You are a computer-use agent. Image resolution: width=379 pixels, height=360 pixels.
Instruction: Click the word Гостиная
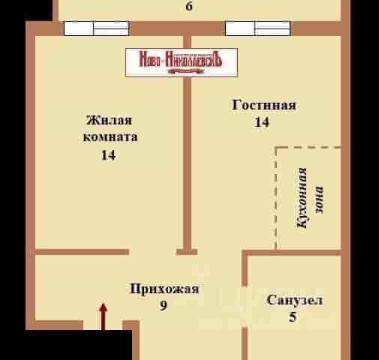coord(264,105)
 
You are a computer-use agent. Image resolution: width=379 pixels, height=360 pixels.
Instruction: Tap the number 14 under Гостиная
coord(262,122)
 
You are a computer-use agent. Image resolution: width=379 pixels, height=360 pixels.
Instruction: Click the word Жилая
coord(109,120)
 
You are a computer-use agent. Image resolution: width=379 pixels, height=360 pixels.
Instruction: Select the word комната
coord(110,137)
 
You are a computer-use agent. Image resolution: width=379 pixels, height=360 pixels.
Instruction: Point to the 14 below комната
coord(108,155)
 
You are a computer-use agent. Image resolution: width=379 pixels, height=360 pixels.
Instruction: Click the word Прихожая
coord(164,289)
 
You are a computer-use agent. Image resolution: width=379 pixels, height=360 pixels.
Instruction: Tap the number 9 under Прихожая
coord(164,305)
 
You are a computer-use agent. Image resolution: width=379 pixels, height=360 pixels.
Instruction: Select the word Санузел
coord(294,300)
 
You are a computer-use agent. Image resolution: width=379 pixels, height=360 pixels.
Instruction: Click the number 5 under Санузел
coord(293,317)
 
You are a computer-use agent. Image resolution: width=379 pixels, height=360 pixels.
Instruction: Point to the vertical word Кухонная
coord(302,198)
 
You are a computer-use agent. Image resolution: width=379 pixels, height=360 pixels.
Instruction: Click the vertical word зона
coord(319,200)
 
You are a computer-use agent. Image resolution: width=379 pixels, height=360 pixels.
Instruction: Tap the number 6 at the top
coord(189,6)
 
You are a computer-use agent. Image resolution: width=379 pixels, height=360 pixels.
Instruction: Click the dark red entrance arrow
coord(103,316)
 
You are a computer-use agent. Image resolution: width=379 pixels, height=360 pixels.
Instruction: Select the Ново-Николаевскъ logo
coord(182,62)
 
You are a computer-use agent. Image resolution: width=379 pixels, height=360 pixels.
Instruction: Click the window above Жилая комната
coord(97,28)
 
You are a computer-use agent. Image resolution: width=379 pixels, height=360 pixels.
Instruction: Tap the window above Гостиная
coord(258,28)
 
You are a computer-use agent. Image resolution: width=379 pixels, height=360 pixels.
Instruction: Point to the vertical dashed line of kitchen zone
coord(276,198)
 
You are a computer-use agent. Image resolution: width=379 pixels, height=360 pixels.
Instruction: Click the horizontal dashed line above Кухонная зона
coord(308,148)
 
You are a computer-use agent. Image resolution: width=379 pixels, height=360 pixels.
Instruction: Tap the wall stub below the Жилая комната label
coord(82,252)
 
